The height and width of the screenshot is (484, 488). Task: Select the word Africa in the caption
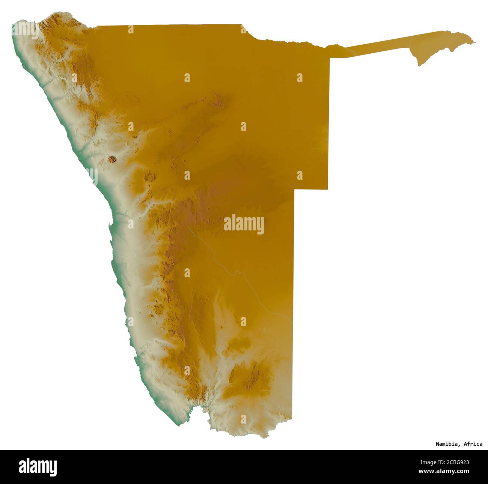point(473,444)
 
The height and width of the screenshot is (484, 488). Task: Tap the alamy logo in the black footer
point(38,467)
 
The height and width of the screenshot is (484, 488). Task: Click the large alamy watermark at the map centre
point(244,224)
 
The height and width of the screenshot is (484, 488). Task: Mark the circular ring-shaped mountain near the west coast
point(112,160)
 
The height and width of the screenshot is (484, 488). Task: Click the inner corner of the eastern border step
point(294,189)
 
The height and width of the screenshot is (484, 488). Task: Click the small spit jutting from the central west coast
point(110,226)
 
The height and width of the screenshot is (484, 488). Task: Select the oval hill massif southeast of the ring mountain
point(149,176)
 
